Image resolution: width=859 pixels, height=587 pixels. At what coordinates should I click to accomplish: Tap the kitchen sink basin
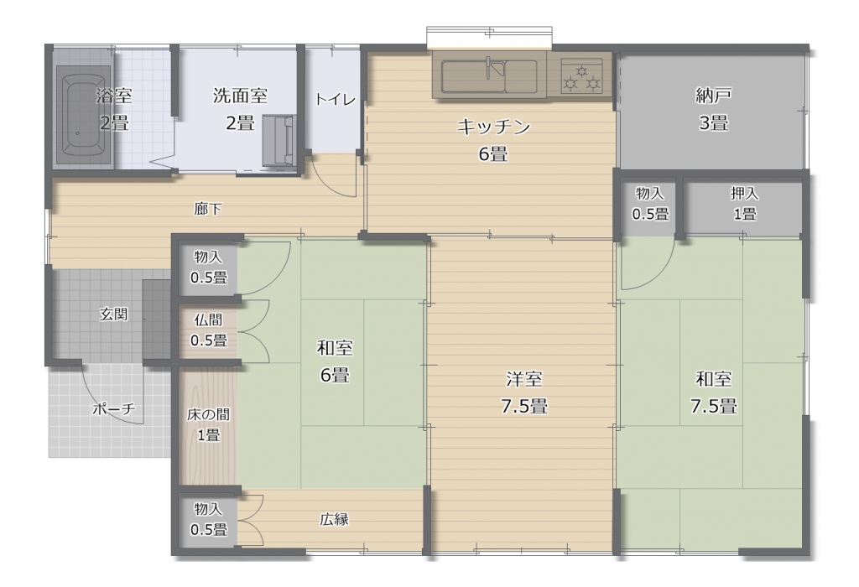click(489, 76)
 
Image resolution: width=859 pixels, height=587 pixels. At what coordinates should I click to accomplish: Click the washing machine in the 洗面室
click(279, 140)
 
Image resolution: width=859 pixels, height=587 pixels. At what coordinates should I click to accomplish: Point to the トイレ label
click(335, 99)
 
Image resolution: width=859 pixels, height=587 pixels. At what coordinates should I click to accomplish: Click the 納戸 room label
click(713, 96)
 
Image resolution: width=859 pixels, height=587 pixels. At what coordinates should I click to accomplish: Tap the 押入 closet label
click(745, 193)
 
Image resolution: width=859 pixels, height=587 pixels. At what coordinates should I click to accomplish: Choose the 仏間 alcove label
click(208, 319)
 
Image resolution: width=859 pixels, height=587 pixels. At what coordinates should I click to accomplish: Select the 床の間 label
click(208, 414)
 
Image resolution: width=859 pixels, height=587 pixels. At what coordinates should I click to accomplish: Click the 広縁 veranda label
click(334, 519)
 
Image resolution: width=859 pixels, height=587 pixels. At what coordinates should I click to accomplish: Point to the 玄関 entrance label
click(113, 314)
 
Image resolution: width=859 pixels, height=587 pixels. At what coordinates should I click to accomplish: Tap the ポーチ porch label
click(113, 408)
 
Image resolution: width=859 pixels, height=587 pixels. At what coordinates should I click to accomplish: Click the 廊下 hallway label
click(208, 209)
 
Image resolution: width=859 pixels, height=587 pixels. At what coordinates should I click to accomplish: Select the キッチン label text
click(493, 127)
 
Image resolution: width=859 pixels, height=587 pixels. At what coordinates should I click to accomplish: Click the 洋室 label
click(524, 378)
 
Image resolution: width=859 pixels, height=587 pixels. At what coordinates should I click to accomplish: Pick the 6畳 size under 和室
click(335, 375)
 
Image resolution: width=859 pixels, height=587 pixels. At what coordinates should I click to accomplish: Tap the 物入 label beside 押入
click(650, 193)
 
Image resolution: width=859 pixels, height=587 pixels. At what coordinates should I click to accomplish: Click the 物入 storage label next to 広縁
click(208, 509)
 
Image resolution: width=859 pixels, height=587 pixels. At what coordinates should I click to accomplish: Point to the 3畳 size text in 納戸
click(713, 122)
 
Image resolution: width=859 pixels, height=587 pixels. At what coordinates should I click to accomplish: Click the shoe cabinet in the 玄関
click(157, 319)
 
